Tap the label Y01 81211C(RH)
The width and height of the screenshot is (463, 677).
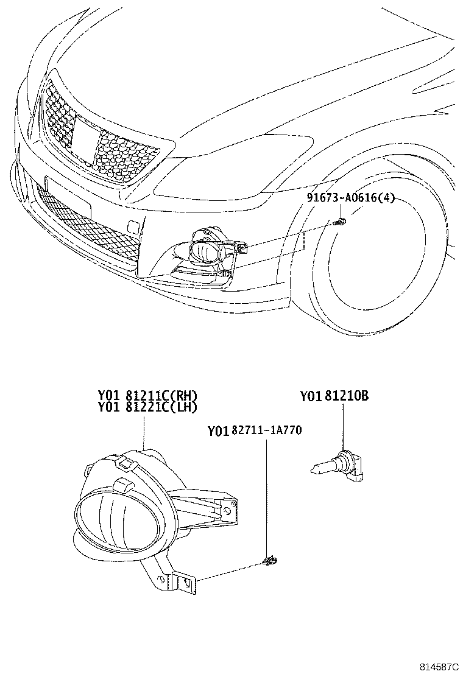click(x=147, y=396)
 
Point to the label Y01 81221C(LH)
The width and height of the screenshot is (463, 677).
click(x=147, y=407)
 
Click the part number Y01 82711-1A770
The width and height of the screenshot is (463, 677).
click(x=255, y=431)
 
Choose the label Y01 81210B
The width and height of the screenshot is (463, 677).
click(x=334, y=396)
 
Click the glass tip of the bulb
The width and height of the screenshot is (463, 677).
click(x=317, y=469)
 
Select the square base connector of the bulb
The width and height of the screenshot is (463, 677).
click(x=356, y=468)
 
